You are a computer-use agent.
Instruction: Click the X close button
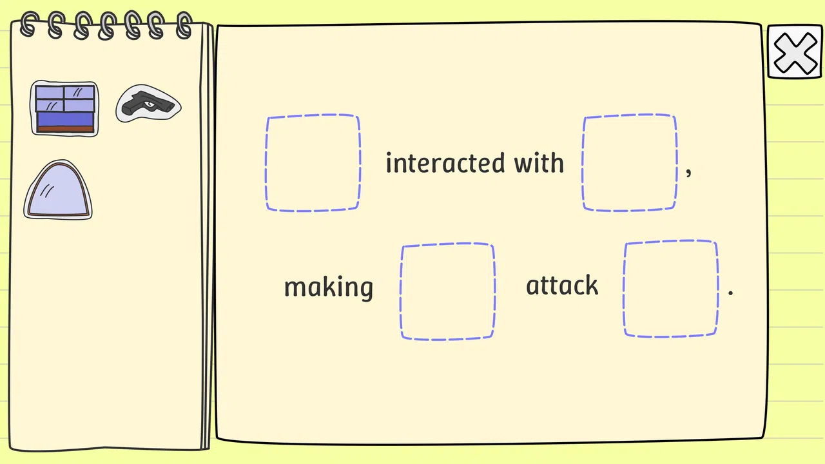coord(795,52)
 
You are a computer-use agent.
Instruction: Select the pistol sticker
coord(148,104)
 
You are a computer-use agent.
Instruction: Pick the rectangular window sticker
coord(64,109)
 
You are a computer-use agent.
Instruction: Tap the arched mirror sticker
coord(58,189)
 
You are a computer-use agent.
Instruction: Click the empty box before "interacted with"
coord(313,163)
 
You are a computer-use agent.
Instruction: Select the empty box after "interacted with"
coord(630,163)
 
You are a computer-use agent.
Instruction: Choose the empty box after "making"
coord(447,291)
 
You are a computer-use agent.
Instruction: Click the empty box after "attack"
coord(671,289)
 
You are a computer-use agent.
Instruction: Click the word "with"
coord(539,162)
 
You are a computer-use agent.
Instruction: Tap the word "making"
coord(329,287)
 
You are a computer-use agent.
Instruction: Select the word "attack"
coord(562,285)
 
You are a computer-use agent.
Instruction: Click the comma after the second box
coord(688,172)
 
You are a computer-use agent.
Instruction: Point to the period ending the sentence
coord(731,293)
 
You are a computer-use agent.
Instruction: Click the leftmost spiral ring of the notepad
coord(30,24)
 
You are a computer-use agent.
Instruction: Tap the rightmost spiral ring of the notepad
coord(184,25)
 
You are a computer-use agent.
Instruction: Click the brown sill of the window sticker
coord(65,129)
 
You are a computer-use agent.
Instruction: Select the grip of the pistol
coord(130,108)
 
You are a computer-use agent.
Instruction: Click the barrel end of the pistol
coord(170,106)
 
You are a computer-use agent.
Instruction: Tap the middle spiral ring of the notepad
coord(107,26)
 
